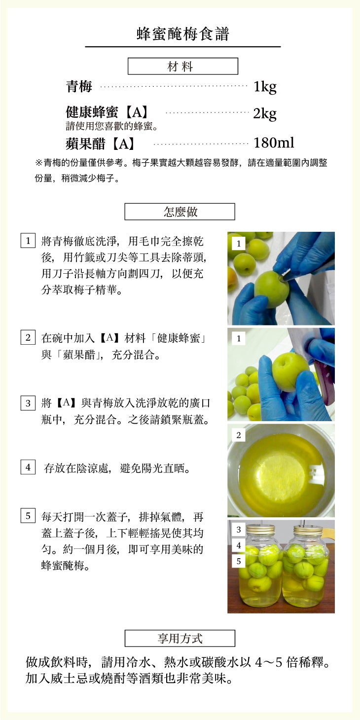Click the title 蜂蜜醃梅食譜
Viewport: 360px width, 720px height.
coord(182,34)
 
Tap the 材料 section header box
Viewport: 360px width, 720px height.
coord(183,66)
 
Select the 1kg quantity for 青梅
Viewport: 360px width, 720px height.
coord(265,87)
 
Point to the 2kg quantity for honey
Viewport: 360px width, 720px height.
coord(265,113)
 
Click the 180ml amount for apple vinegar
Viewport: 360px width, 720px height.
coord(274,143)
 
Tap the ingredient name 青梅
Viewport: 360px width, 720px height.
coord(79,86)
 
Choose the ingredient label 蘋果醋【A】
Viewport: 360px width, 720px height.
coord(101,144)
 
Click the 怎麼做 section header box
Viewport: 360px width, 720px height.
coord(180,212)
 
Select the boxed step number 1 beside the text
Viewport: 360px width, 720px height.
coord(28,241)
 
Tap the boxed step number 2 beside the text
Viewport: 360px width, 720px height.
coord(28,337)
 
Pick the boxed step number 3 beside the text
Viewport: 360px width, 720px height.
coord(28,403)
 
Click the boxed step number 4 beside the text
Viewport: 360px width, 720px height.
coord(28,468)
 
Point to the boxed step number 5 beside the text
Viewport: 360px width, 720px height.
coord(28,516)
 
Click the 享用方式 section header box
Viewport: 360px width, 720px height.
coord(180,638)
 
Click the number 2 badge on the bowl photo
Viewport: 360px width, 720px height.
coord(239,435)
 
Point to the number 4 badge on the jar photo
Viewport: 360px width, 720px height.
coord(239,545)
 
